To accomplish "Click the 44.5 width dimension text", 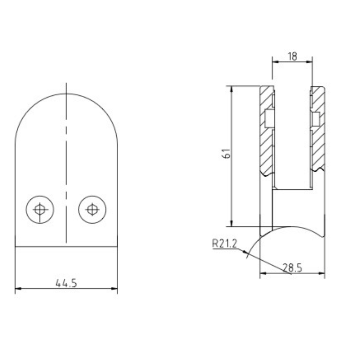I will [x=66, y=283].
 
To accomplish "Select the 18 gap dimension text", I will [x=292, y=56].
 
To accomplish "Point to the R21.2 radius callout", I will [x=224, y=244].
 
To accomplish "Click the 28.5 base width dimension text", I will [x=292, y=268].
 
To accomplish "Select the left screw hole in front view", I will [x=40, y=209].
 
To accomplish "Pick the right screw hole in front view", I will [x=93, y=209].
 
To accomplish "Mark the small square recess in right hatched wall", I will [x=316, y=119].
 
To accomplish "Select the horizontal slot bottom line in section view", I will [x=292, y=189].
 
